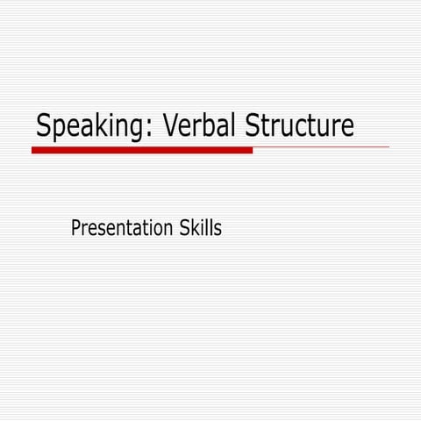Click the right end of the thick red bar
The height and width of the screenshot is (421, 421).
(251, 150)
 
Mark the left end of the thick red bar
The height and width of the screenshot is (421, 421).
(33, 150)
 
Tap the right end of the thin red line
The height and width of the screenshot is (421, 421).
(389, 147)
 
